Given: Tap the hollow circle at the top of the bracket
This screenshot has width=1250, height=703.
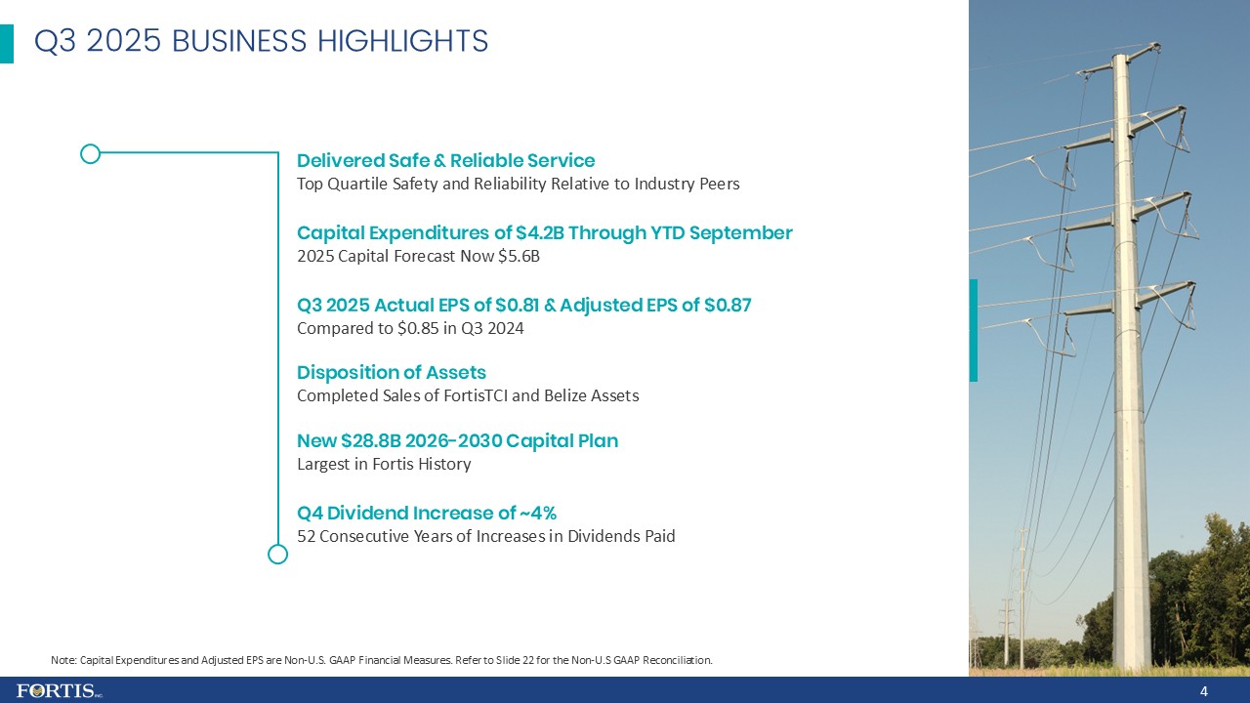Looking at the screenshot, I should (90, 153).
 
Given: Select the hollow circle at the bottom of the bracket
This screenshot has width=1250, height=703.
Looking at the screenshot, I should (277, 554).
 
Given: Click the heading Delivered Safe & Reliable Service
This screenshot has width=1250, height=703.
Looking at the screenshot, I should (445, 160).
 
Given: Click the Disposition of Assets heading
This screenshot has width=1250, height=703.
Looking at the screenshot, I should (391, 373).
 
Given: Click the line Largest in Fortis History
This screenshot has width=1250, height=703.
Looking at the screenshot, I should (384, 465).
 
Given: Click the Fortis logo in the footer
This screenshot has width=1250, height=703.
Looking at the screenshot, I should (59, 691).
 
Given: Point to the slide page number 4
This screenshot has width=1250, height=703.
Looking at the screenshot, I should (1204, 691).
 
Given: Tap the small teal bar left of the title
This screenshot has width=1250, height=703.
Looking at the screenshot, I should (7, 44).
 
